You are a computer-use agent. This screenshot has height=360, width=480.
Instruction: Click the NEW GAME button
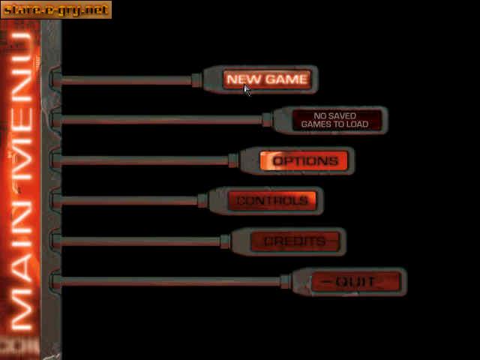click(x=266, y=79)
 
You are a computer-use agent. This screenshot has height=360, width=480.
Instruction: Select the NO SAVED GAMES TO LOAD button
click(x=334, y=120)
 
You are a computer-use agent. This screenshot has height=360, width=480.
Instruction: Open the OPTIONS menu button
click(x=304, y=161)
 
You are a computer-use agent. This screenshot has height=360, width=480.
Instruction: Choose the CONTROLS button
click(x=272, y=201)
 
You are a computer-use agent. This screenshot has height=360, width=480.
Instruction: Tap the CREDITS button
click(x=294, y=241)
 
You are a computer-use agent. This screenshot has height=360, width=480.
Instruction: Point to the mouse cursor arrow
click(x=247, y=88)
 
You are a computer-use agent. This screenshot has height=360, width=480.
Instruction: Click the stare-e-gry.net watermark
click(x=55, y=10)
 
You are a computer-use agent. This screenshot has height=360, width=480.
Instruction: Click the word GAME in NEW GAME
click(x=286, y=79)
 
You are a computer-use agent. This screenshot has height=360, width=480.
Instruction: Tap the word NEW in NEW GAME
click(x=242, y=79)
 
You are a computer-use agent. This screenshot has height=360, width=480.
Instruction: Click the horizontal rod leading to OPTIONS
click(x=142, y=160)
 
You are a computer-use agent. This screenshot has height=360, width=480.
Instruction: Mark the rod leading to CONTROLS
click(x=127, y=200)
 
